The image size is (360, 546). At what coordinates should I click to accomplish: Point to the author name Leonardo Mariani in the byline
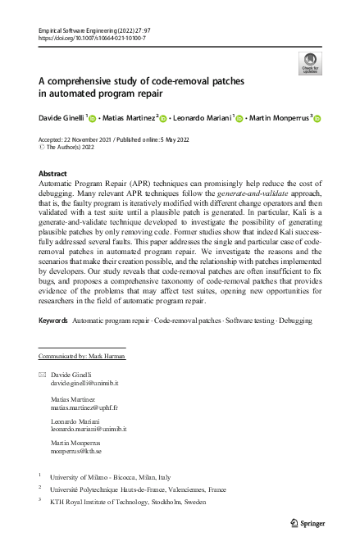(202, 118)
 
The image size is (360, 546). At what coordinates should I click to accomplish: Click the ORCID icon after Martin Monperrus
(317, 119)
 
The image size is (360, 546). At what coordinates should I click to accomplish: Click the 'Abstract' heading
(53, 175)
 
